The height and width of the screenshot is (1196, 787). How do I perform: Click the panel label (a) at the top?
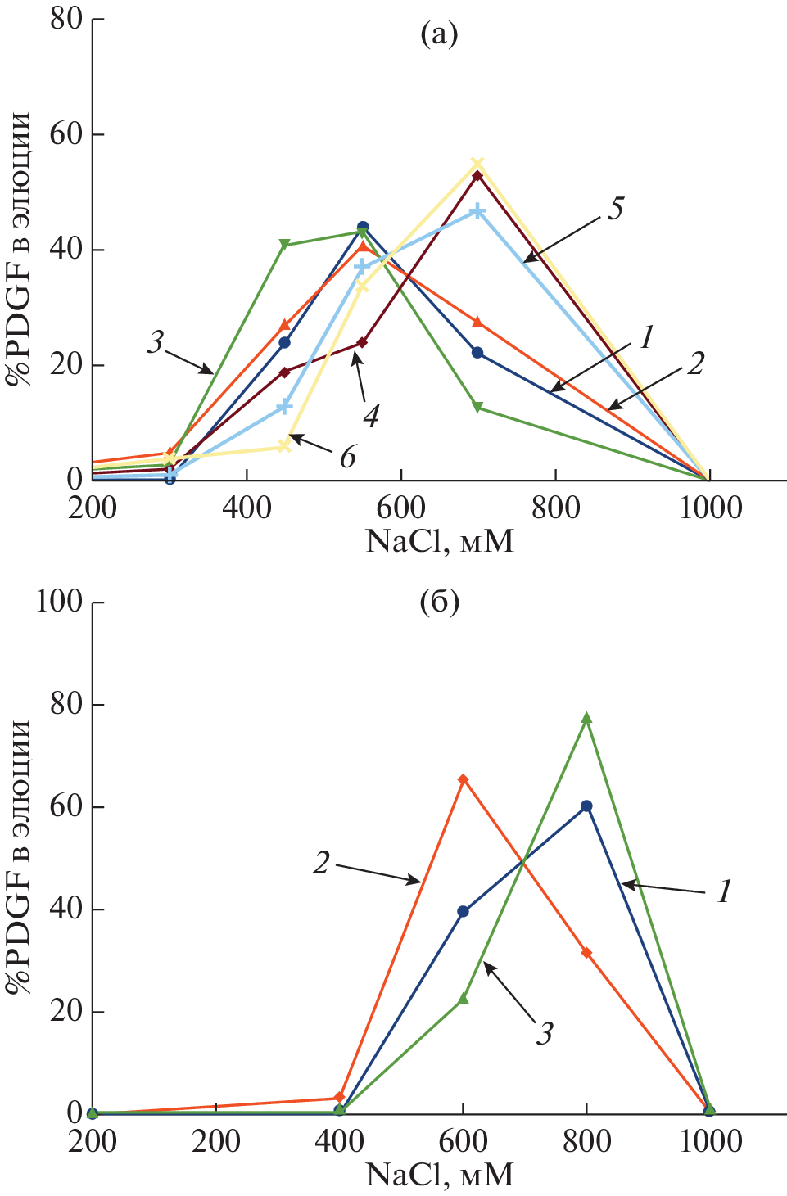438,35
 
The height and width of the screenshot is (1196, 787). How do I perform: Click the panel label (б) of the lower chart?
439,603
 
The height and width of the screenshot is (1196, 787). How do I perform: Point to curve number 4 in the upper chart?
371,416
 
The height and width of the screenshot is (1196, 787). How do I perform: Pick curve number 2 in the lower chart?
322,862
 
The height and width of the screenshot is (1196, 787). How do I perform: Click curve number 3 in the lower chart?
545,1034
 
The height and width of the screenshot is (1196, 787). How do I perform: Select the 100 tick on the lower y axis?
59,602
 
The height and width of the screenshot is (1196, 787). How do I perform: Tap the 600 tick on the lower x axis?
464,1141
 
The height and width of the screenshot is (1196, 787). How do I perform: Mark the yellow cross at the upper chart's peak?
477,164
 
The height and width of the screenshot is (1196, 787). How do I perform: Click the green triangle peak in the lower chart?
586,718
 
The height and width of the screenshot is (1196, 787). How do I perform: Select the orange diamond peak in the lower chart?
464,779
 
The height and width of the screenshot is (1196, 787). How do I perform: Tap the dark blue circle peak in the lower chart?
586,806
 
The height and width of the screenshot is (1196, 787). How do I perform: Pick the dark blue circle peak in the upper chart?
363,227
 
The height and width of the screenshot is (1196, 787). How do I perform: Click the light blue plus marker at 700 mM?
477,211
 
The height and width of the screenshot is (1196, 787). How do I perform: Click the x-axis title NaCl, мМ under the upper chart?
440,541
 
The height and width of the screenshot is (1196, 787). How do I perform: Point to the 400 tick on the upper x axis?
247,508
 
